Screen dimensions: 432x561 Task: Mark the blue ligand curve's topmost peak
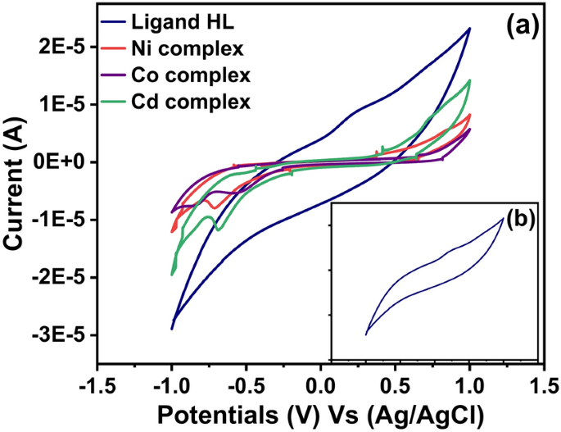pyautogui.click(x=469, y=28)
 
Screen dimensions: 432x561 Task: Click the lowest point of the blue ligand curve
pyautogui.click(x=171, y=330)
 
